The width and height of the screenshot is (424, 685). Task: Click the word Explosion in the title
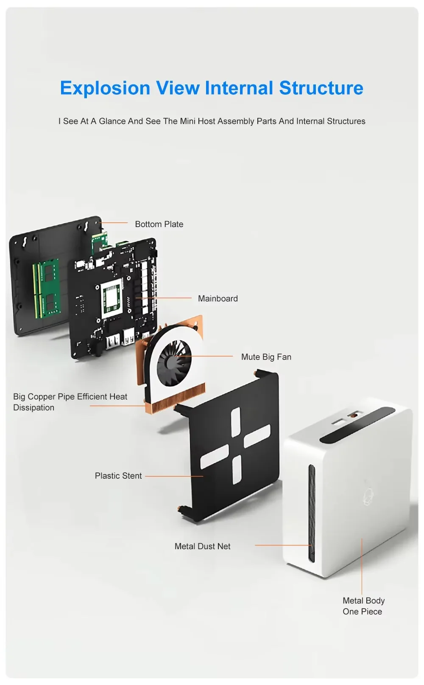coord(105,88)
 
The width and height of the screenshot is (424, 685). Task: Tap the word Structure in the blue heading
coord(321,88)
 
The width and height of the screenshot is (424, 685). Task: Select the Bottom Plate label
coord(159,224)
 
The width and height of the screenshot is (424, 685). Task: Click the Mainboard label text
coord(218,299)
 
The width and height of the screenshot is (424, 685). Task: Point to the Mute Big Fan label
coord(266,357)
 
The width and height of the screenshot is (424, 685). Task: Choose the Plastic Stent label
coord(118,476)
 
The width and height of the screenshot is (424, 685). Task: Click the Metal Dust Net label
coord(202,546)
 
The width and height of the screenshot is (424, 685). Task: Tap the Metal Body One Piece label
coord(363,606)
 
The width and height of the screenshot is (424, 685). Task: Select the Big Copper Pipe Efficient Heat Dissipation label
coord(70,402)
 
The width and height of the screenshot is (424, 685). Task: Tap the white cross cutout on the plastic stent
coord(235,446)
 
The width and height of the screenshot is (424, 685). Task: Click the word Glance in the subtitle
coord(112,121)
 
